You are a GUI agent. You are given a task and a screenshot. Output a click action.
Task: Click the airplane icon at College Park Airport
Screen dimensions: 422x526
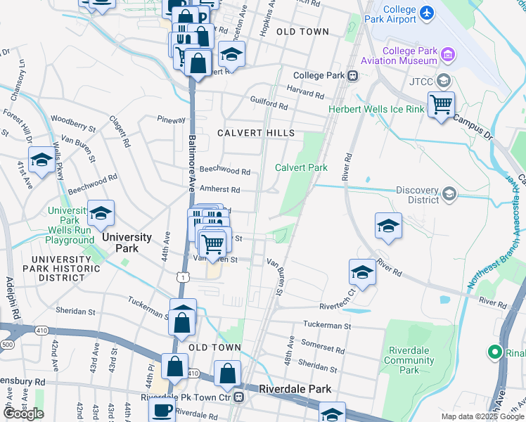tap(427, 13)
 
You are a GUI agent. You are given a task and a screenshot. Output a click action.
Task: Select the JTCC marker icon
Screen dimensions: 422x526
tap(443, 81)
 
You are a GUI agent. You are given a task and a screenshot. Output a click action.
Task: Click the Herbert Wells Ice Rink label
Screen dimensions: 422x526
tap(376, 109)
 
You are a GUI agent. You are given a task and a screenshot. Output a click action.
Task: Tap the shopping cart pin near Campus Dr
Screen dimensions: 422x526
tap(441, 105)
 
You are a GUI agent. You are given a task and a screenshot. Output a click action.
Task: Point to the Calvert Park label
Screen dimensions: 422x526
tap(301, 167)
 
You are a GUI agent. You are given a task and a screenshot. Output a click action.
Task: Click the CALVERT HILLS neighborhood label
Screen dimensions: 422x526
tap(255, 133)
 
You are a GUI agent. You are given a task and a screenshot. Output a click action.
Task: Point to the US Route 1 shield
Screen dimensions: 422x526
tap(182, 279)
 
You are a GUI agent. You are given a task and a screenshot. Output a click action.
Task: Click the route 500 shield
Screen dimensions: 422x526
tap(8, 345)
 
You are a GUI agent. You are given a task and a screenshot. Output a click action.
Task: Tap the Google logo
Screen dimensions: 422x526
tap(23, 414)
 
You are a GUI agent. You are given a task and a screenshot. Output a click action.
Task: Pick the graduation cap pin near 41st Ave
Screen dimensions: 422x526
tap(42, 160)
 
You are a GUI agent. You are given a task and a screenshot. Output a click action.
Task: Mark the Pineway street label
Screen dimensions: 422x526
tap(172, 120)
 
